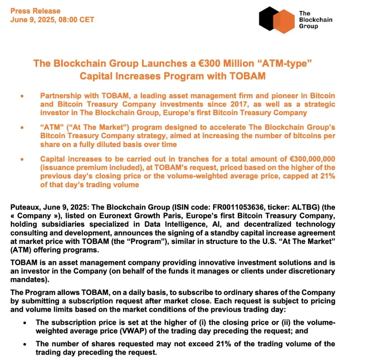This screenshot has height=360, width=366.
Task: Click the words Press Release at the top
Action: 35,11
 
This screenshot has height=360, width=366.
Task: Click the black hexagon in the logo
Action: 268,18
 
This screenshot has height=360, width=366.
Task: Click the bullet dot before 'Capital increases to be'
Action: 22,159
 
